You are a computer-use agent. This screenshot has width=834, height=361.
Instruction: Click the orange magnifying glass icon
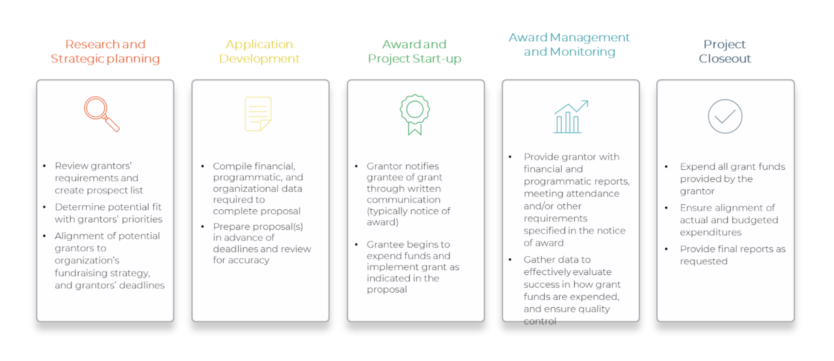(102, 114)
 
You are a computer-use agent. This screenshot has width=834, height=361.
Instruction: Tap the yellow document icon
(258, 114)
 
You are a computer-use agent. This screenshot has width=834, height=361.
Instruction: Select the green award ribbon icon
(415, 115)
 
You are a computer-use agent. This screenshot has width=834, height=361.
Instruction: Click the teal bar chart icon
(570, 116)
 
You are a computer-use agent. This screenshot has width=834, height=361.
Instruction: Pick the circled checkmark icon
(725, 116)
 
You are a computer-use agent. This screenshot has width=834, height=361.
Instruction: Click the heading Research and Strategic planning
(105, 51)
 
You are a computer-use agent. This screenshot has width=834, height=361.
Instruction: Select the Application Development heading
(259, 51)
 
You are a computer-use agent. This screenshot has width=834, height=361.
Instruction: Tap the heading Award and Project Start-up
(414, 51)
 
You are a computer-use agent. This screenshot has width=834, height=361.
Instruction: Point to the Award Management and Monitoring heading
(569, 44)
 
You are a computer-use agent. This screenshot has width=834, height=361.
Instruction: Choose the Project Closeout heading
(725, 51)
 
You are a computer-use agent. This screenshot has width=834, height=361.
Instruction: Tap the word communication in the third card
(404, 200)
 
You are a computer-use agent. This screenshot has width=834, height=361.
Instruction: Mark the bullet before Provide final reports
(666, 249)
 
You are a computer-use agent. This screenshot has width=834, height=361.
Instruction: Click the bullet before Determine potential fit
(44, 207)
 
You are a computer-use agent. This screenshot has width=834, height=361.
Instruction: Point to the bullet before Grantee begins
(356, 245)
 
